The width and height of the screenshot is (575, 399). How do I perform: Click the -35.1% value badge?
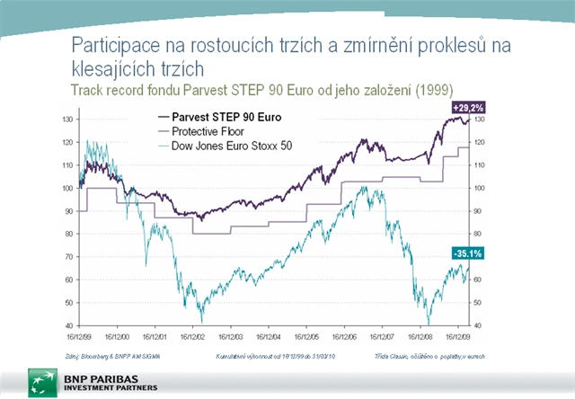pos(466,254)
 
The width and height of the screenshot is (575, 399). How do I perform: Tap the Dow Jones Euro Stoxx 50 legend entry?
pos(214,145)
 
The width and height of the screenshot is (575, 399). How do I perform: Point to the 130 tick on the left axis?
pos(67,120)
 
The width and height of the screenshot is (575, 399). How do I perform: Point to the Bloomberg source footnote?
pos(102,356)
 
